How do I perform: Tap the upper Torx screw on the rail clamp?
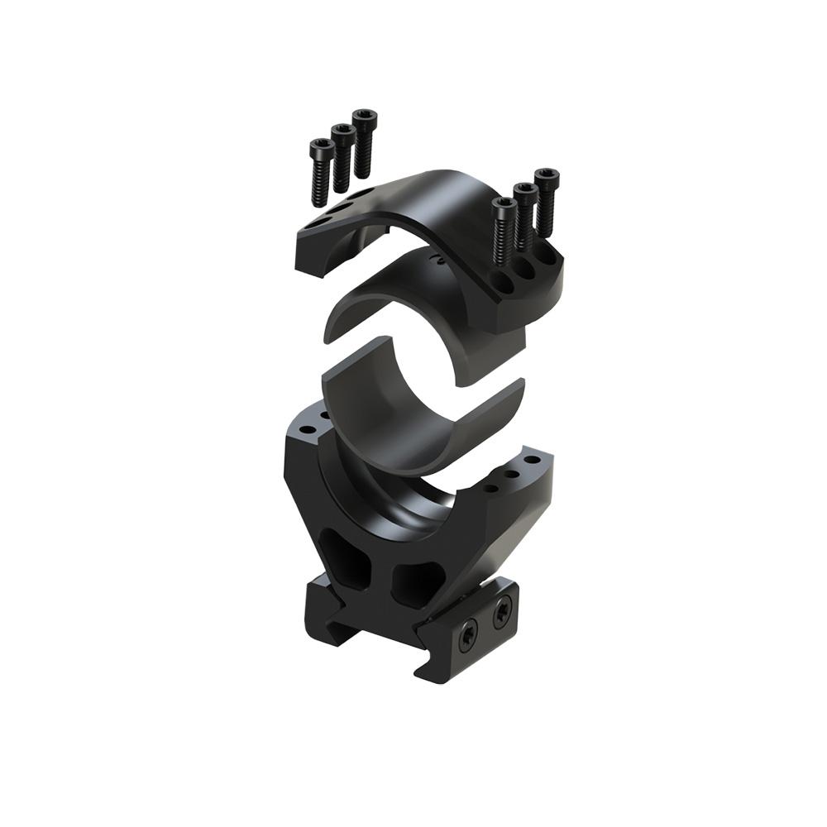click(501, 614)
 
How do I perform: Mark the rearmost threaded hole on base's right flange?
click(532, 460)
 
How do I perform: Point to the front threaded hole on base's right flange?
click(491, 488)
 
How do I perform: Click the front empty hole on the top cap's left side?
click(312, 230)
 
